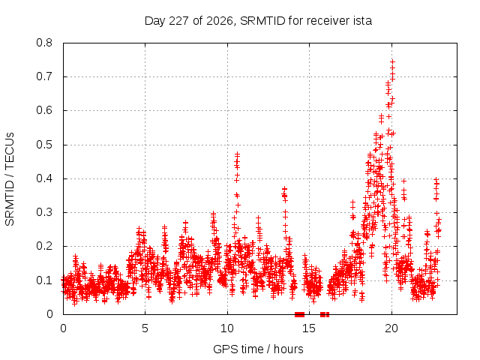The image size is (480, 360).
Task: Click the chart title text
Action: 258,21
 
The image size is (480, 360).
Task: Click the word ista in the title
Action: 361,21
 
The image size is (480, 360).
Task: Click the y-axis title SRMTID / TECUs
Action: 10,179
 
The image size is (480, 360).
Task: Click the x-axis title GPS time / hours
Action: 258,349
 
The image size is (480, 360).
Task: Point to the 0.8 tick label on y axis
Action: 44,43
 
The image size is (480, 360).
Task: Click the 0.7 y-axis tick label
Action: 44,76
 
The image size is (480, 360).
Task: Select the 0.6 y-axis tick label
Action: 44,110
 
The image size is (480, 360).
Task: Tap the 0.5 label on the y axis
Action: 44,145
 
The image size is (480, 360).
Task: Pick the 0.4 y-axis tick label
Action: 44,178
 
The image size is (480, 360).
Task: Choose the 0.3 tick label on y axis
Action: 44,212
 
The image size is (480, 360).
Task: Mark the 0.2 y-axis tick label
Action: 44,246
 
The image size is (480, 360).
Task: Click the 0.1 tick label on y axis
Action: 44,280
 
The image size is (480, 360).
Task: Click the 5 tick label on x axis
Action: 145,328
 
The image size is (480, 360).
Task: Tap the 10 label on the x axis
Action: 227,328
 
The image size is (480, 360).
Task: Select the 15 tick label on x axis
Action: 309,328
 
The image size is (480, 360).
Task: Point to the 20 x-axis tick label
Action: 391,328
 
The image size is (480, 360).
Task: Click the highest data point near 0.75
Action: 392,61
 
